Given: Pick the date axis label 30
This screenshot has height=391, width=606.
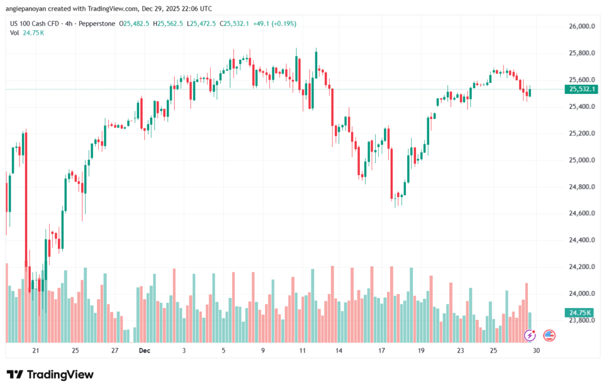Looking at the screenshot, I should [536, 350].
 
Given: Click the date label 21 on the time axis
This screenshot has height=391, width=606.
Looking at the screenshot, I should [36, 350].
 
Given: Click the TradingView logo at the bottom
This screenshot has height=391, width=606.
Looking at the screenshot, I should [50, 374].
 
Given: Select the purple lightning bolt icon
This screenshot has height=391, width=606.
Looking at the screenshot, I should [530, 335].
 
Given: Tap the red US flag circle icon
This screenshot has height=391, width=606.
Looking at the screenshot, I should [549, 335].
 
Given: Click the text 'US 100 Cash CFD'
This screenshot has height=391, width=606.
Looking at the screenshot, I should [37, 24].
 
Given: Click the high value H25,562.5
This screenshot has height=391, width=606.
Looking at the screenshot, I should [168, 24].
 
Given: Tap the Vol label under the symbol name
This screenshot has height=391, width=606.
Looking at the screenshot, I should [15, 33].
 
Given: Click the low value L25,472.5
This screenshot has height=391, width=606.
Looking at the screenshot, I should [202, 24].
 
